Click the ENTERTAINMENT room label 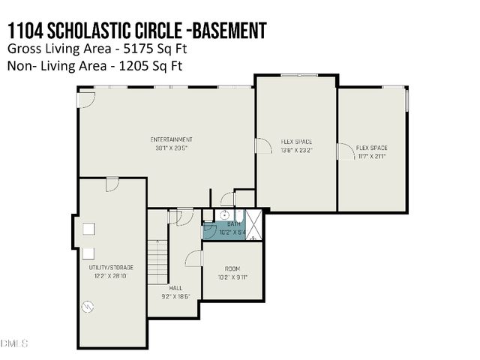171,139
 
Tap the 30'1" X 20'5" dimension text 171,147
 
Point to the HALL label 175,288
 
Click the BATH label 234,223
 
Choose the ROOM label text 232,268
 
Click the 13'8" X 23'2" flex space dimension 296,148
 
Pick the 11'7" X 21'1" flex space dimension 371,155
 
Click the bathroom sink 222,216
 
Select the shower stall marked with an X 253,225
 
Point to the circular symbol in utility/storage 88,306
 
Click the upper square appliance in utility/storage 88,229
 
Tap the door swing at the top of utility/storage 112,184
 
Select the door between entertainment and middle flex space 262,145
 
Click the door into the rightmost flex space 344,151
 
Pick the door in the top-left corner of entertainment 86,97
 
